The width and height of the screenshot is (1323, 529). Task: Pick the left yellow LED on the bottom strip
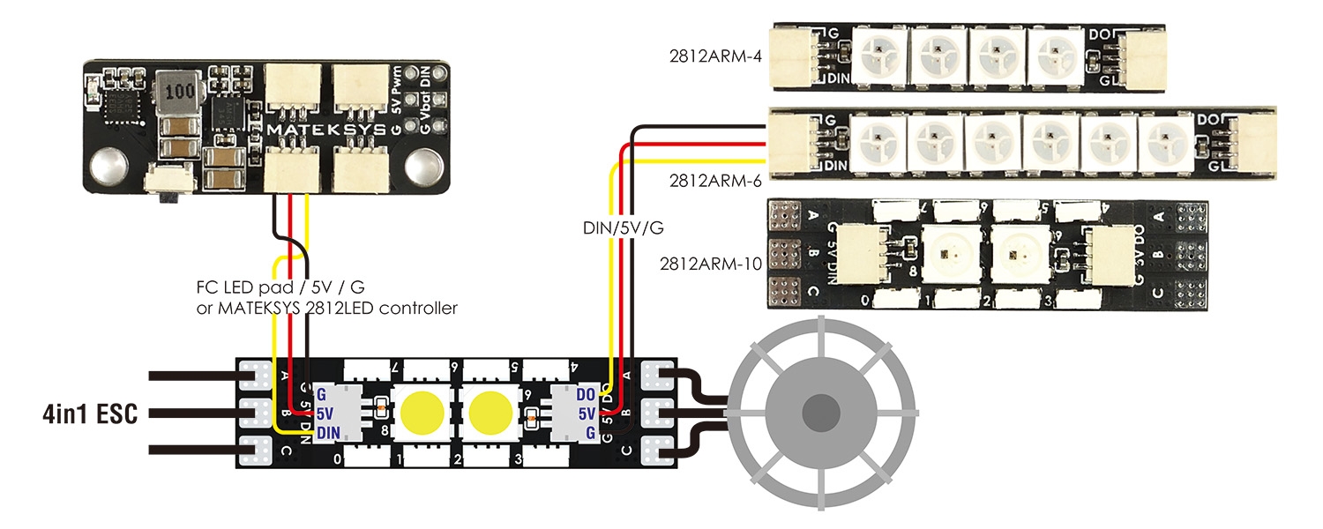click(423, 413)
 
